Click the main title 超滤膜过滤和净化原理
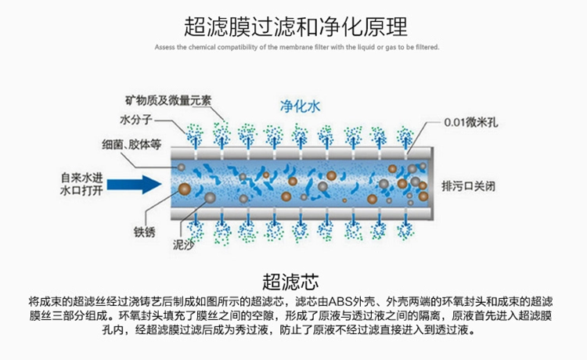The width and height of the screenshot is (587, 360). click(296, 27)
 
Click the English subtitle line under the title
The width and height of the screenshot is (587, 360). click(297, 47)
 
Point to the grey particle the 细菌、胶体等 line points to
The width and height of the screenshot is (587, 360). click(178, 167)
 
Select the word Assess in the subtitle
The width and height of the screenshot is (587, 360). click(165, 47)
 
